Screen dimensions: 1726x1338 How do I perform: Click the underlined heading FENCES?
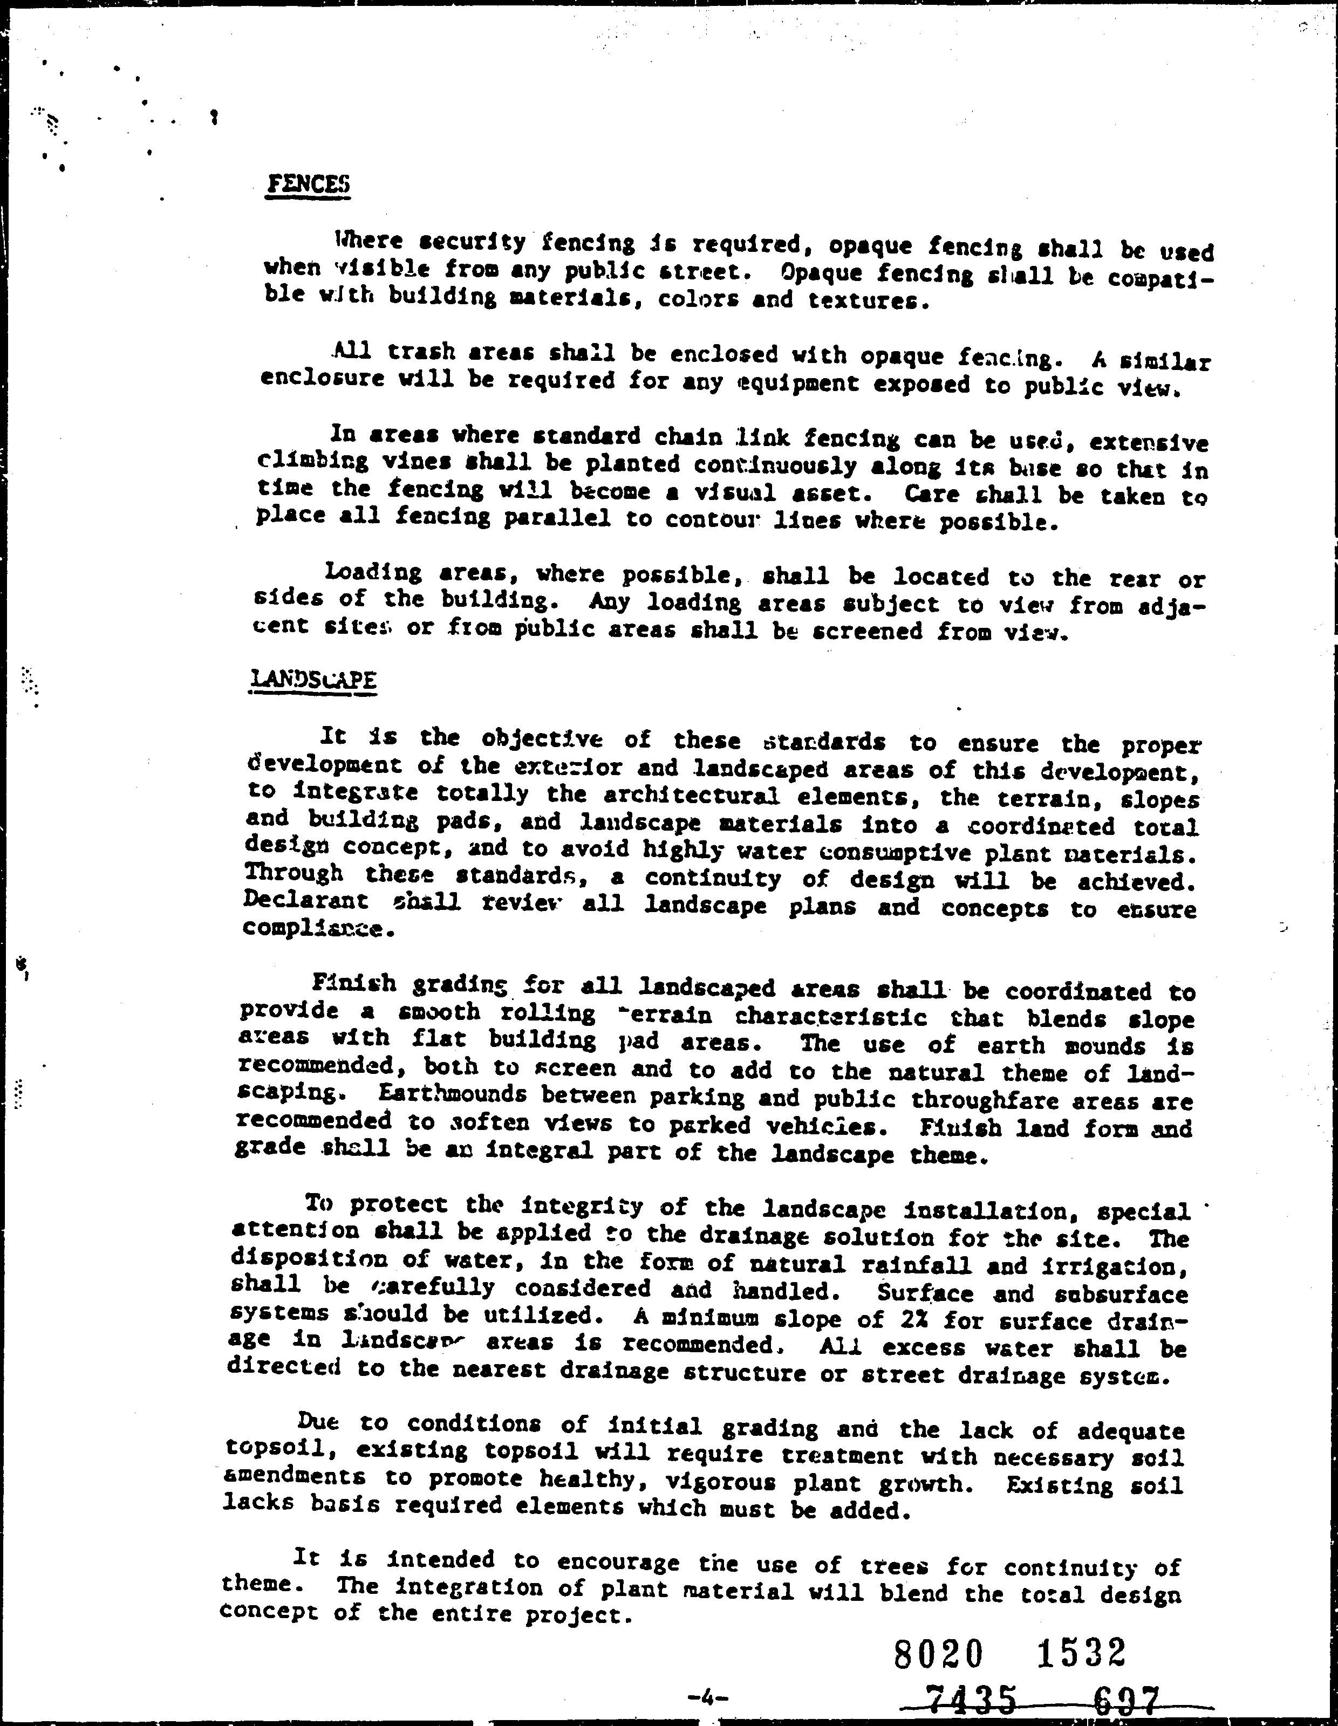coord(308,184)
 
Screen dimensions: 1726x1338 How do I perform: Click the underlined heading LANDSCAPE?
coord(312,680)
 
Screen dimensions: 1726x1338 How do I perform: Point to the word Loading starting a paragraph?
coord(373,571)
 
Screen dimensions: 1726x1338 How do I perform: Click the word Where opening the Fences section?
coord(369,240)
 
